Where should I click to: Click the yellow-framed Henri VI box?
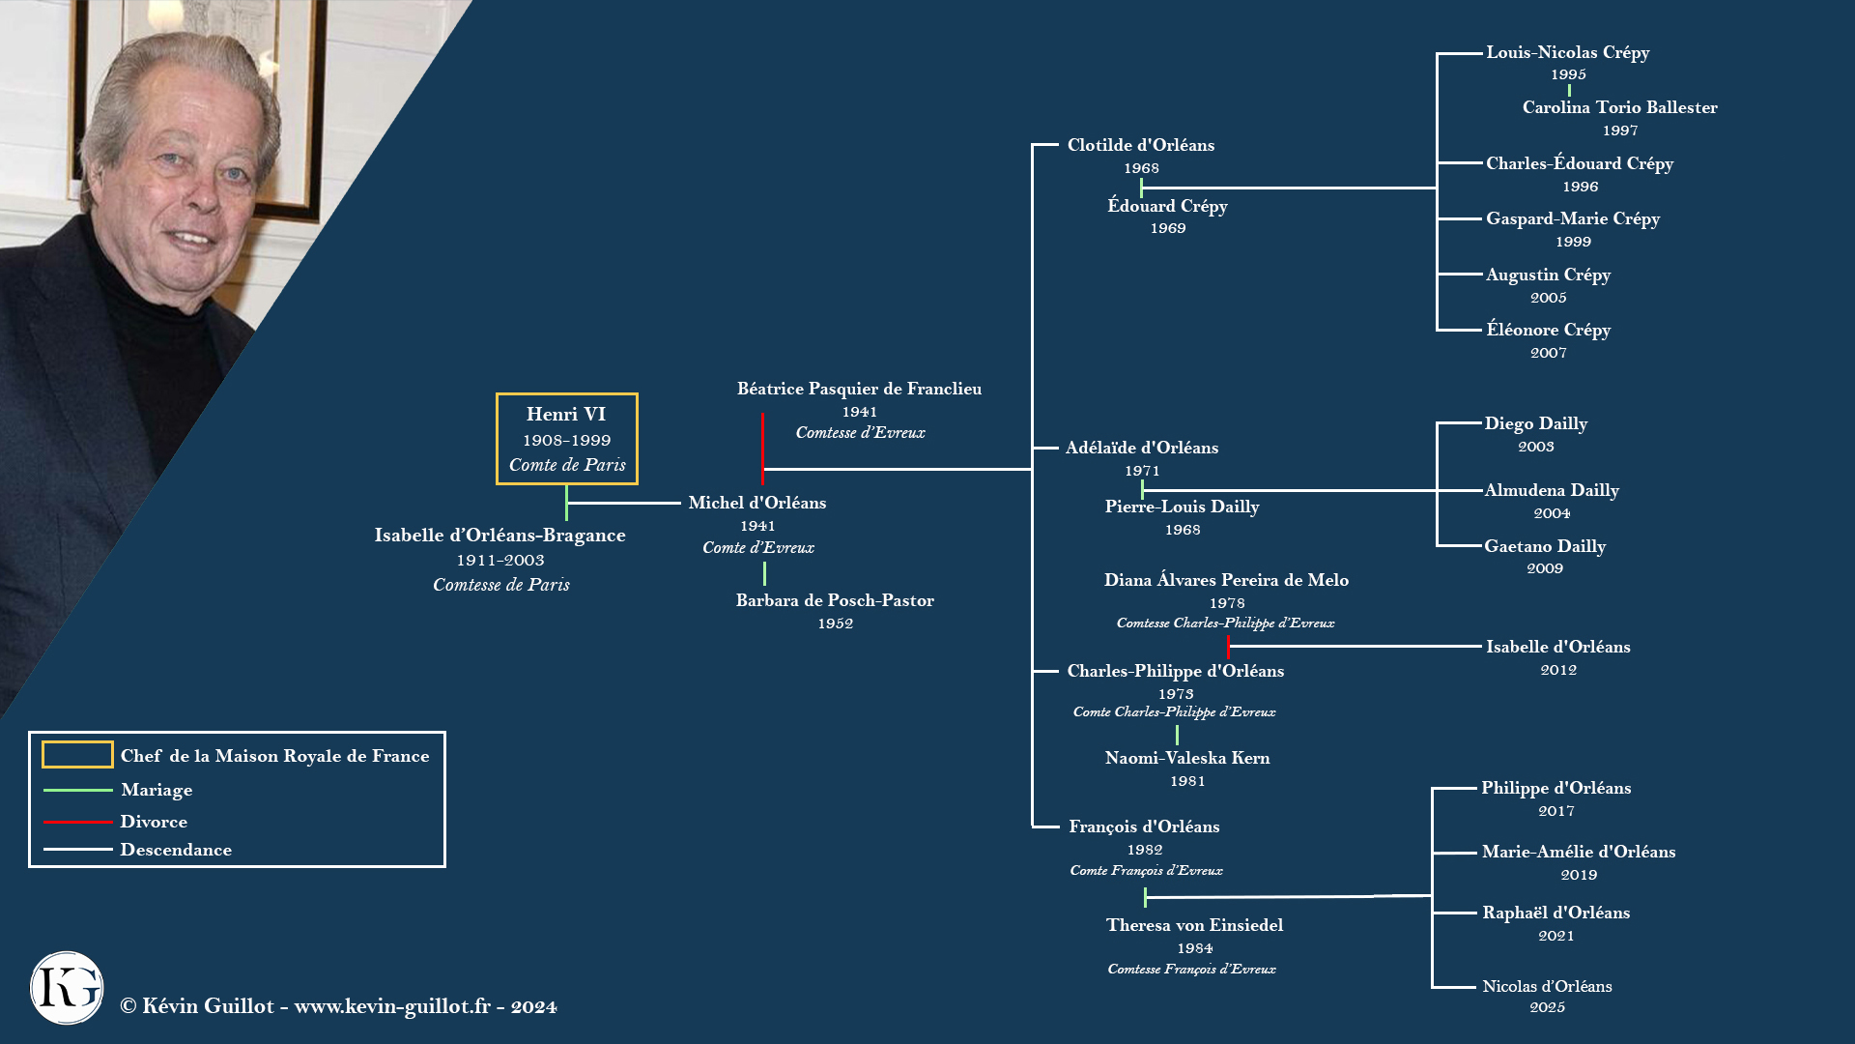pyautogui.click(x=566, y=438)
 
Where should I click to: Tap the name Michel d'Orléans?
pyautogui.click(x=756, y=503)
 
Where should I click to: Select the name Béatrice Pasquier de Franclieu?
pyautogui.click(x=859, y=389)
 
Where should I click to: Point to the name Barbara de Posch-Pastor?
pyautogui.click(x=835, y=600)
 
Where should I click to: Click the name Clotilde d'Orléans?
pyautogui.click(x=1140, y=145)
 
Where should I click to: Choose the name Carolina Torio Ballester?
pyautogui.click(x=1619, y=107)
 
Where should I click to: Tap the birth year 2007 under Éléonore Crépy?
pyautogui.click(x=1548, y=353)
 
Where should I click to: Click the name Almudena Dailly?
pyautogui.click(x=1552, y=490)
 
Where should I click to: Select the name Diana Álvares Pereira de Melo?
pyautogui.click(x=1226, y=580)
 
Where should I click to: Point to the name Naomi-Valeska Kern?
pyautogui.click(x=1186, y=758)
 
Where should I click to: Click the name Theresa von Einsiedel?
pyautogui.click(x=1194, y=925)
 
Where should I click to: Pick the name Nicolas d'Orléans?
pyautogui.click(x=1547, y=986)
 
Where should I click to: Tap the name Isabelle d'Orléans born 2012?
pyautogui.click(x=1557, y=647)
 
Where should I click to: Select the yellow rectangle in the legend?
pyautogui.click(x=77, y=755)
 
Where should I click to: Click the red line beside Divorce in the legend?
pyautogui.click(x=77, y=822)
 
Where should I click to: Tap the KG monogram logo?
pyautogui.click(x=67, y=988)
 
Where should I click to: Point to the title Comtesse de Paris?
pyautogui.click(x=500, y=585)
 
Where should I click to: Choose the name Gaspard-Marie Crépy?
pyautogui.click(x=1572, y=219)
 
